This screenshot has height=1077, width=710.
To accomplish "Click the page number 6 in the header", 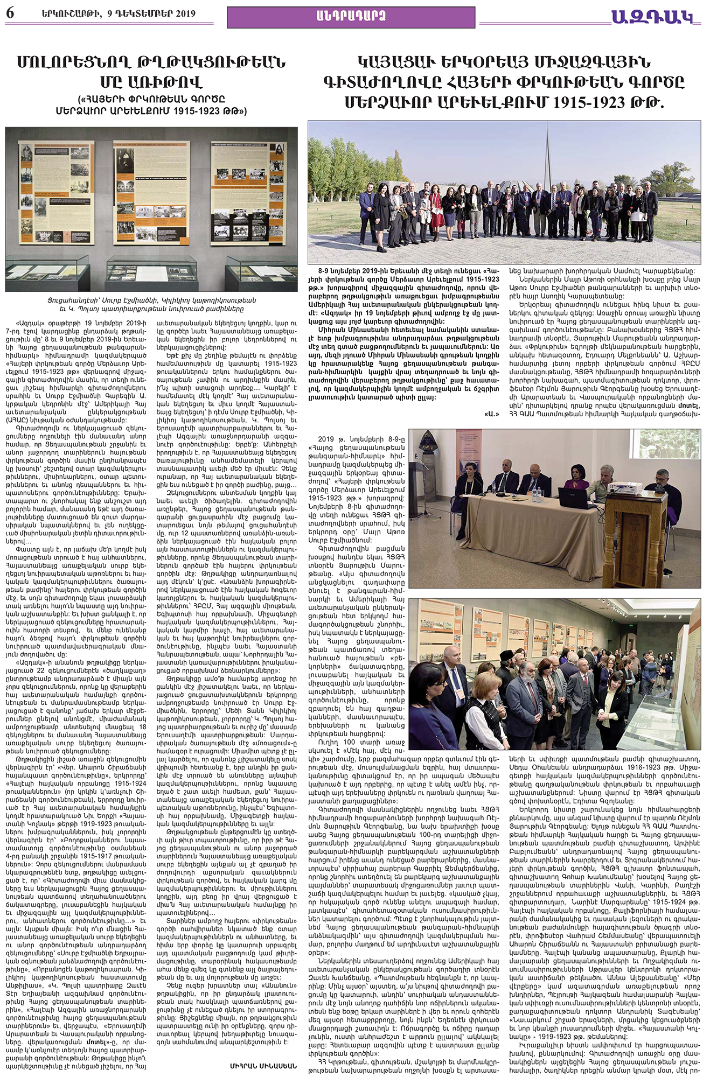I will point(10,13).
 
